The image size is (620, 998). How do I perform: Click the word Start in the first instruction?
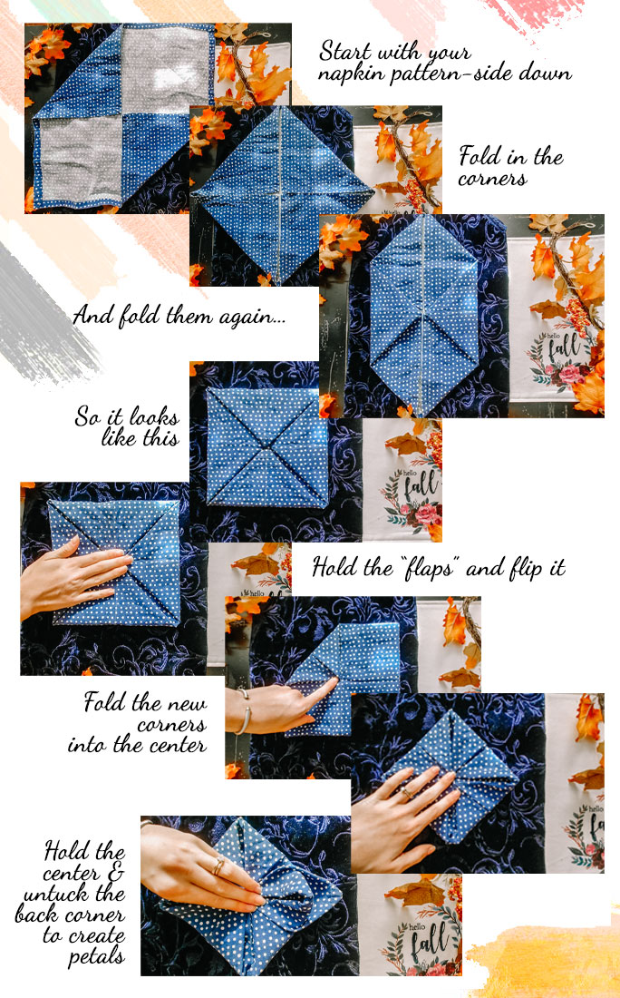346,51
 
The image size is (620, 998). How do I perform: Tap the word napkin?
352,74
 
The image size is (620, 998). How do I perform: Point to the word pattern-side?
452,74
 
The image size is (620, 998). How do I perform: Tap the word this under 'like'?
158,438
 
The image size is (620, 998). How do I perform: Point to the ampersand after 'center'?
114,873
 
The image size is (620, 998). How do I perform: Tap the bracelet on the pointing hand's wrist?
244,712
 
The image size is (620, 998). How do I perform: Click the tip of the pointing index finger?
334,680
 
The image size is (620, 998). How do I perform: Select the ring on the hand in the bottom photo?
218,866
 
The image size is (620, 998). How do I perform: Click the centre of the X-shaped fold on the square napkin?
267,448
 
